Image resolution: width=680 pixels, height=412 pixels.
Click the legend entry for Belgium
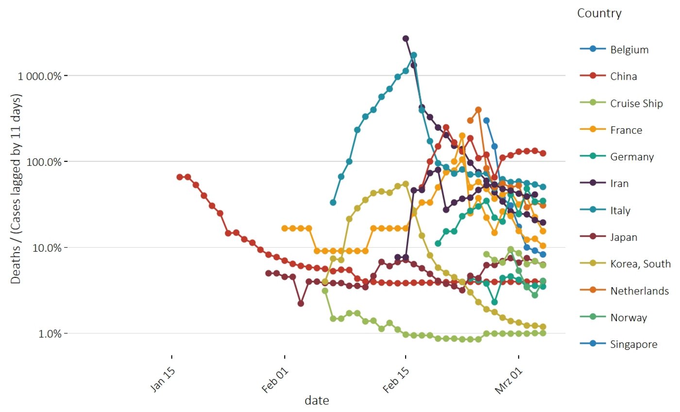click(629, 50)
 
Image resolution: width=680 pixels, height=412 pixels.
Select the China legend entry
click(624, 76)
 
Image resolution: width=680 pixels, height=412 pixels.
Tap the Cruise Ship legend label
click(636, 103)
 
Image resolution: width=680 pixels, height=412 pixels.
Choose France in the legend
click(626, 130)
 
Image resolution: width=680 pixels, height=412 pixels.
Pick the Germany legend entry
click(632, 157)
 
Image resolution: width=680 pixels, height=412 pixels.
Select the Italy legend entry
click(620, 210)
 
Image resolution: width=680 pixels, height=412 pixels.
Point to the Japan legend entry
click(623, 237)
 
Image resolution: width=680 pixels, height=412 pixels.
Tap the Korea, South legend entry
click(640, 264)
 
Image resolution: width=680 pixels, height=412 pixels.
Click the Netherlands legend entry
click(639, 291)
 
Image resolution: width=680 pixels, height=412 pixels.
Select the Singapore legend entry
click(634, 344)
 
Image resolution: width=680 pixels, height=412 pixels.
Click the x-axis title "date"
click(317, 401)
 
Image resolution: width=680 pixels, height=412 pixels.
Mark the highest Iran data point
click(406, 38)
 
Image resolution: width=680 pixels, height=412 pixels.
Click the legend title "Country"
click(599, 14)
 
